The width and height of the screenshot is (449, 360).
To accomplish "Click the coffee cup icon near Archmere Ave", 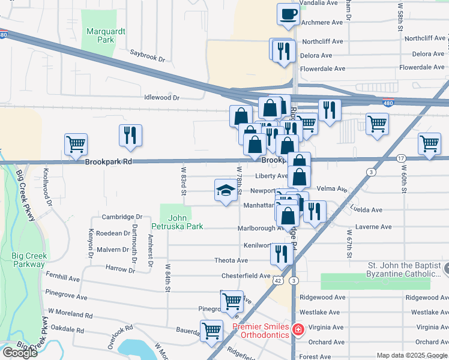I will (x=288, y=13).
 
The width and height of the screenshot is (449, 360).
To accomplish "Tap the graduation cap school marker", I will (x=226, y=191).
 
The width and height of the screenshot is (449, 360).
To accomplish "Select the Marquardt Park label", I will (x=100, y=35).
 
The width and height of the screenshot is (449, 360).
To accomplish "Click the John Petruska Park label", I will (x=177, y=222).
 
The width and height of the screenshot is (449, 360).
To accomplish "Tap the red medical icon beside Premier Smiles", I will (x=297, y=330).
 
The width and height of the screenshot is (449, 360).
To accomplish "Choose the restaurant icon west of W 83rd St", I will (x=130, y=136).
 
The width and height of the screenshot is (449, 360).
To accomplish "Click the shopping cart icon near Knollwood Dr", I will (x=76, y=145).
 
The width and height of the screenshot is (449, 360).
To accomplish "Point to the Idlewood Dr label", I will (x=161, y=97).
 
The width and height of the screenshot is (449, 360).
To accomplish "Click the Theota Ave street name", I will (x=231, y=260).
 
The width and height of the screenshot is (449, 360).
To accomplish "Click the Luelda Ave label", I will (x=369, y=210).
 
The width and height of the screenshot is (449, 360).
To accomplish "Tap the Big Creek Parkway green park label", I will (x=28, y=260).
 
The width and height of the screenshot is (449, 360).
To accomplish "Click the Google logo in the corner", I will (x=20, y=353).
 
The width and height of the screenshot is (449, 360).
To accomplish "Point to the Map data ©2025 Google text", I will (x=412, y=355).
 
